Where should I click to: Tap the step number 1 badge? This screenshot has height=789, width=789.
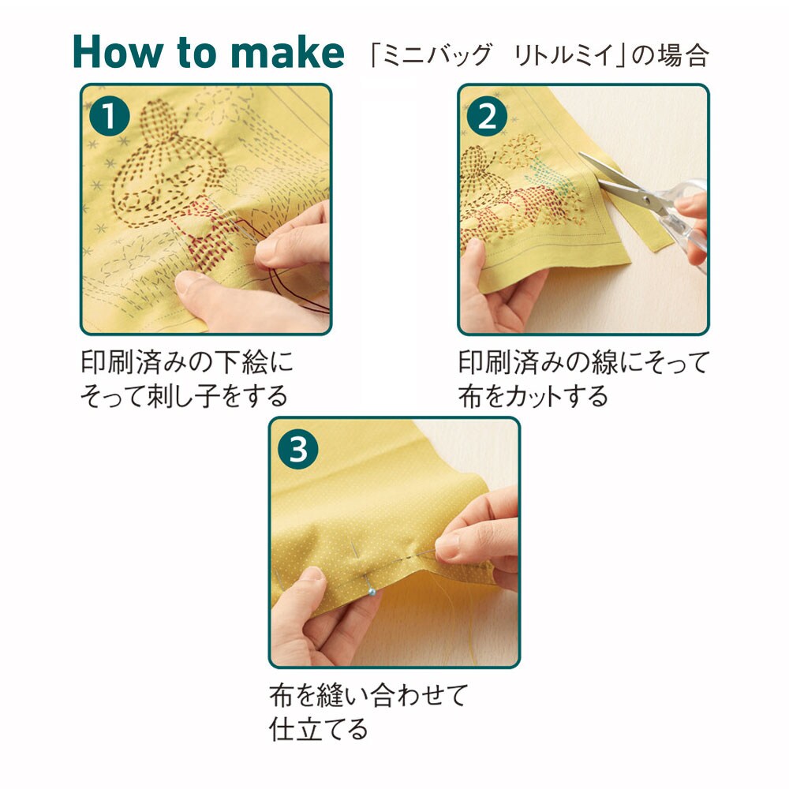pos(109,116)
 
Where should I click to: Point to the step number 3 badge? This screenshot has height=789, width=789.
pos(298,449)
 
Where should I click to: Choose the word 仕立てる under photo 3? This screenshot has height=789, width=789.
pos(318,728)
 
